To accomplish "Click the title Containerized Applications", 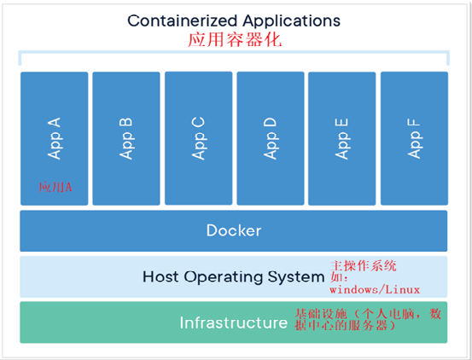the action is tap(234, 21).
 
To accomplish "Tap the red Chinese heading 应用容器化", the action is tap(235, 40).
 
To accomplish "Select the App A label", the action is tap(54, 138).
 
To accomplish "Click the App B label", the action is tap(125, 138).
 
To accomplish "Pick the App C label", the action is tap(198, 138).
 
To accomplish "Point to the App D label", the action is tap(270, 138).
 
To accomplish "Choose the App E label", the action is tap(341, 139).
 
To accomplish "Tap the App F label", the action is tap(414, 138).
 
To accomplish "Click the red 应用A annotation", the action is tap(55, 187).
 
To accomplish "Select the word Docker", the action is tap(234, 230).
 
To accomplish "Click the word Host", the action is tap(160, 276).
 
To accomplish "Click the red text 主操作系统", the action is tap(364, 266).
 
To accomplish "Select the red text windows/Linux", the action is tap(375, 290).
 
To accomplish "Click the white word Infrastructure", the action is tap(234, 322).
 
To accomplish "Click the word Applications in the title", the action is tap(292, 21).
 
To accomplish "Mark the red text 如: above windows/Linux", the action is tap(339, 277).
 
